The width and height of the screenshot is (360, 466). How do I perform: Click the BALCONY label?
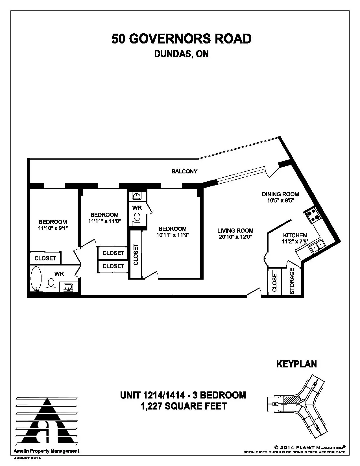[184, 171]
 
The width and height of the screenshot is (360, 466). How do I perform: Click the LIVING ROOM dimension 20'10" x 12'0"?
[235, 237]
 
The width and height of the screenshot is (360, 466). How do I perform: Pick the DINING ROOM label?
[280, 194]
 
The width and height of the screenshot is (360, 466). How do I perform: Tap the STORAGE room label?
[292, 281]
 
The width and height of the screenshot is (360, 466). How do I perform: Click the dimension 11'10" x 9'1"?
[53, 228]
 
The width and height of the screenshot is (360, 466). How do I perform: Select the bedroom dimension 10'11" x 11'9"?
[173, 235]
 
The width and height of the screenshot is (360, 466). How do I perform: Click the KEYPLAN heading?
[296, 364]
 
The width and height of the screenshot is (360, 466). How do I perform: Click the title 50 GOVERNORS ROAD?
[181, 39]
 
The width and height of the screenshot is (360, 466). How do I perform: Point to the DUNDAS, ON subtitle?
[181, 54]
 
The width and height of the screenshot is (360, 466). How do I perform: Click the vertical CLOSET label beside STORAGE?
[274, 281]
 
